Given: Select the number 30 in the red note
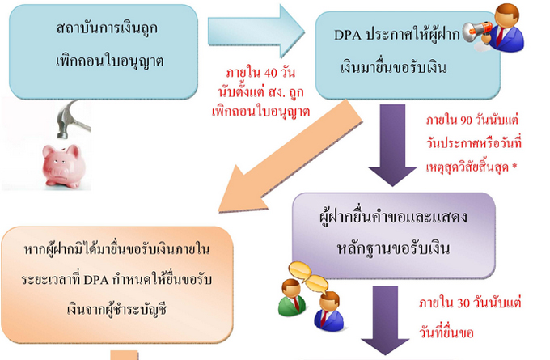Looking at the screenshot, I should click(x=461, y=303).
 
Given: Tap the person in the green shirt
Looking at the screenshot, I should click(x=290, y=299).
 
